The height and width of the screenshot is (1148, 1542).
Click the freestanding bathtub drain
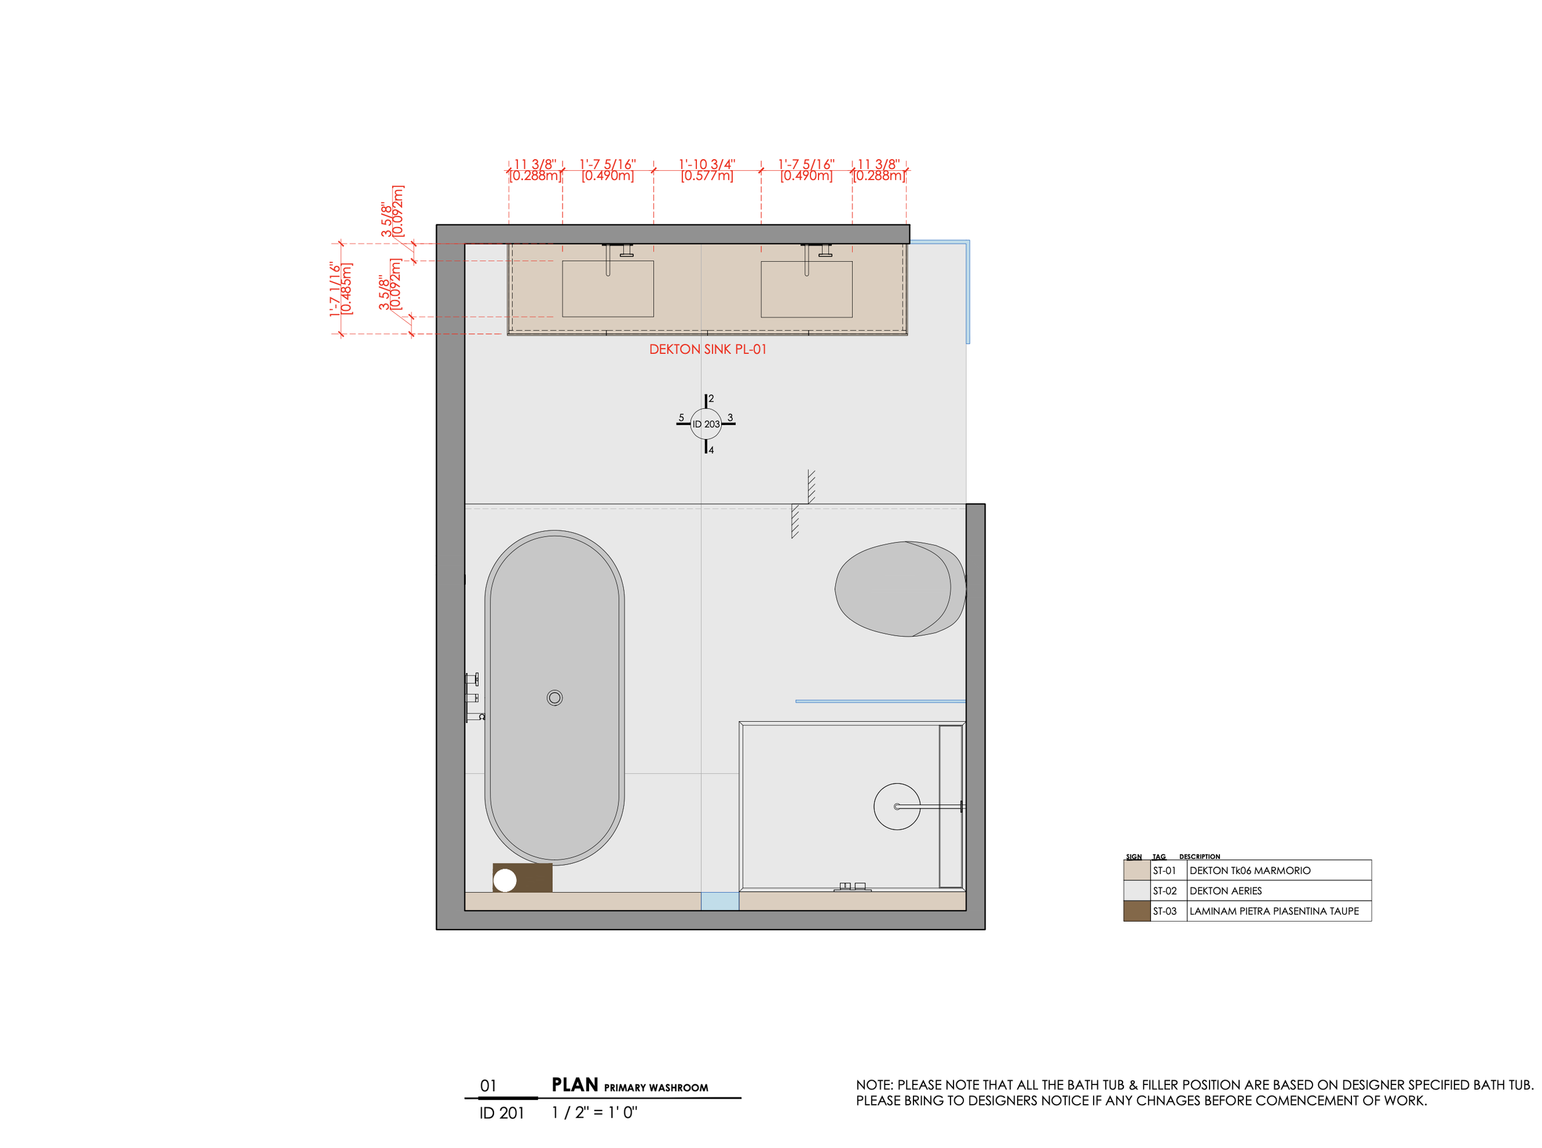click(x=554, y=697)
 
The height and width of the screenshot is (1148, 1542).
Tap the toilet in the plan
click(x=900, y=588)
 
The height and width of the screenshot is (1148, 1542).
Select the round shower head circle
click(x=896, y=806)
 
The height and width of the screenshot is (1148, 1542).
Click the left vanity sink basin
click(x=608, y=289)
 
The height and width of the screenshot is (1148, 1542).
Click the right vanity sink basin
click(x=806, y=289)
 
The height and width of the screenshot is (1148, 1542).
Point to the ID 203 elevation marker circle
click(x=706, y=423)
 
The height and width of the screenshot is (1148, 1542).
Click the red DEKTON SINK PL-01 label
click(x=707, y=349)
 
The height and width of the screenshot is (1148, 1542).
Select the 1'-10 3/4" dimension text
click(x=707, y=164)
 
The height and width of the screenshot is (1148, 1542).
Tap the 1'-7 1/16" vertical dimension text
click(x=336, y=289)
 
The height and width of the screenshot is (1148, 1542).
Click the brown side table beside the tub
click(x=522, y=877)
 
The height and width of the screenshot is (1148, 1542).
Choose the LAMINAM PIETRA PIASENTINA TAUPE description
click(x=1274, y=911)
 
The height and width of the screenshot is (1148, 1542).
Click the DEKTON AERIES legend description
click(x=1225, y=890)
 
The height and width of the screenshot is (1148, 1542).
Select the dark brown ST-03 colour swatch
click(x=1136, y=911)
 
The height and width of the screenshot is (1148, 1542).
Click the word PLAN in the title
click(x=574, y=1084)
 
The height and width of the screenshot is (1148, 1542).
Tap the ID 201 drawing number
click(x=501, y=1113)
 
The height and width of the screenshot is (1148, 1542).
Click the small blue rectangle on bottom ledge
click(x=719, y=901)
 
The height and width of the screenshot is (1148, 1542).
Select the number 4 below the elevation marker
click(x=711, y=450)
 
